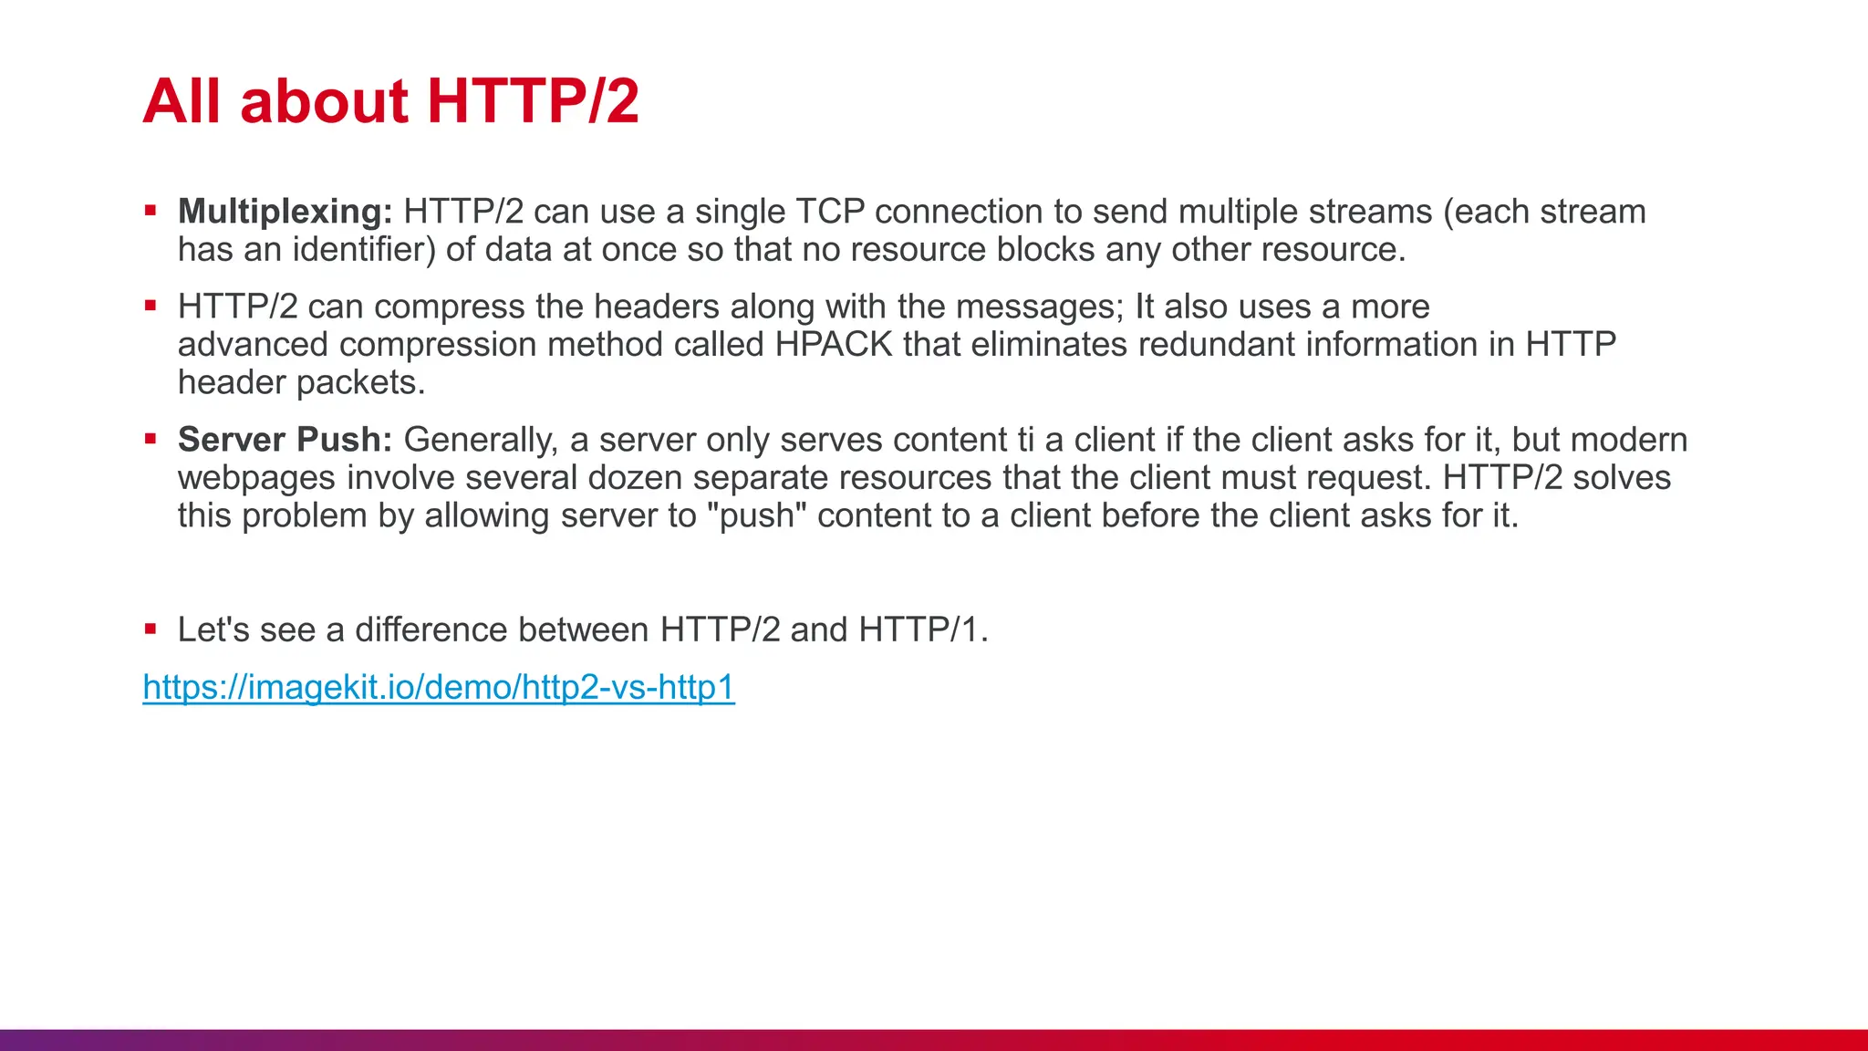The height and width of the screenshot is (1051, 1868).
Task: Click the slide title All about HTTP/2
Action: pos(390,100)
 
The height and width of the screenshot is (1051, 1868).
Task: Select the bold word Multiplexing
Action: pos(285,212)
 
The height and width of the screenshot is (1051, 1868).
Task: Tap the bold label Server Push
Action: pos(285,440)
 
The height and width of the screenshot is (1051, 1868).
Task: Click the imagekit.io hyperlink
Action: pos(439,687)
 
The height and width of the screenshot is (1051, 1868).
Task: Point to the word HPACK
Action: pos(834,345)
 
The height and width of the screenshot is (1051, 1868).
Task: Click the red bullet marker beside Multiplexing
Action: pos(150,211)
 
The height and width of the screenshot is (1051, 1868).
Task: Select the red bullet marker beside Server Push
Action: pos(150,439)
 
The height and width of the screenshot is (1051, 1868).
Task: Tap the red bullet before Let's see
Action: pos(150,629)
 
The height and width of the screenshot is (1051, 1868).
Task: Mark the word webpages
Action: pos(256,479)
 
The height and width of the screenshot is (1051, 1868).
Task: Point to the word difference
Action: pos(431,630)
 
